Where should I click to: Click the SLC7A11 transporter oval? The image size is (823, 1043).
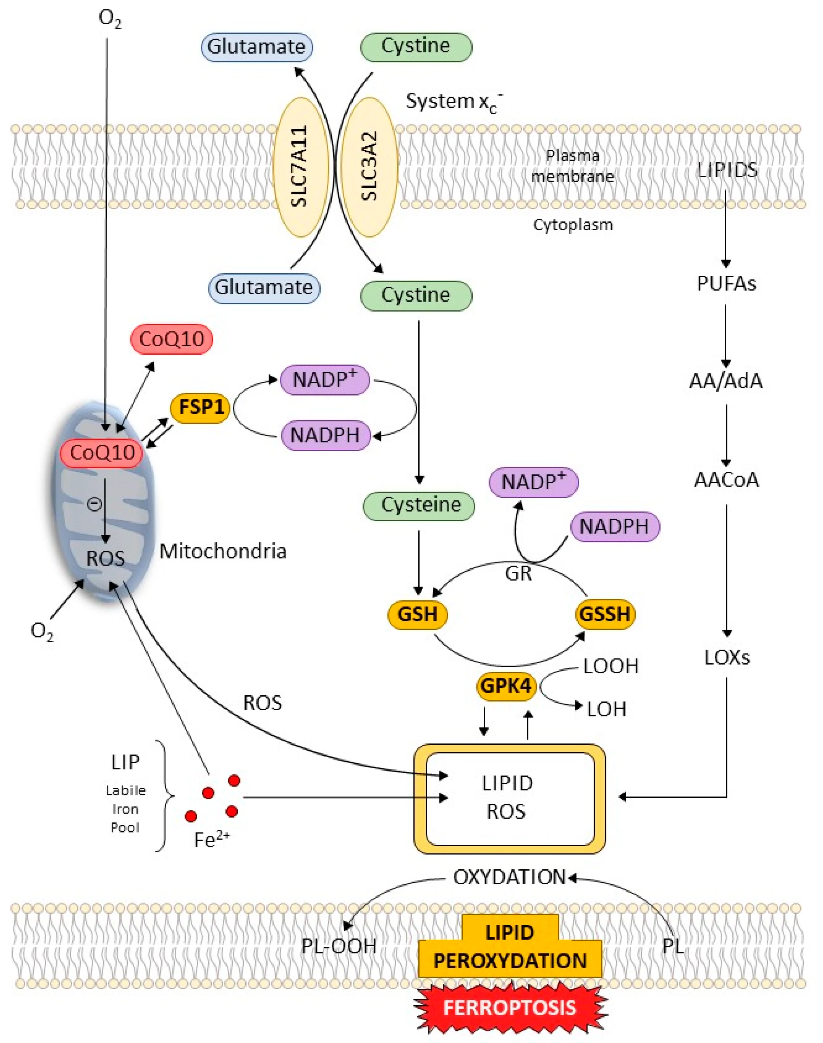[x=301, y=166]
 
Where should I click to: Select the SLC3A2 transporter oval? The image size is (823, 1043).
[x=370, y=166]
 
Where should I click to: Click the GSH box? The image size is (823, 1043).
[x=417, y=614]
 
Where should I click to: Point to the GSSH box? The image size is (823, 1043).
[x=605, y=614]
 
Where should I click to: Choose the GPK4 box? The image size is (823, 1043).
[x=506, y=685]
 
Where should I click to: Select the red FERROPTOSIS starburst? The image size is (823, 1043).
[x=510, y=1008]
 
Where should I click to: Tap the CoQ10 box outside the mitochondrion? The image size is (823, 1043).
[x=172, y=339]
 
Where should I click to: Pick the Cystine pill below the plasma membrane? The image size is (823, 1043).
[x=416, y=295]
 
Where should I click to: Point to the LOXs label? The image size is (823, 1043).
[x=727, y=657]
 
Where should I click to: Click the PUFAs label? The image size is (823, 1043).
[x=726, y=283]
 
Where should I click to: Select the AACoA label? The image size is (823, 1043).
[x=726, y=480]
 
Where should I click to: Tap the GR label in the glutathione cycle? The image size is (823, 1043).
[x=518, y=574]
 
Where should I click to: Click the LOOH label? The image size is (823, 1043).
[x=610, y=666]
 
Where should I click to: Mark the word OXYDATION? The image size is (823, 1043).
[x=509, y=878]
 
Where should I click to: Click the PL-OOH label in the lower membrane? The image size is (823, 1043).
[x=339, y=946]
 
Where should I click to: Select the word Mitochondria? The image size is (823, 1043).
[x=223, y=551]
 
